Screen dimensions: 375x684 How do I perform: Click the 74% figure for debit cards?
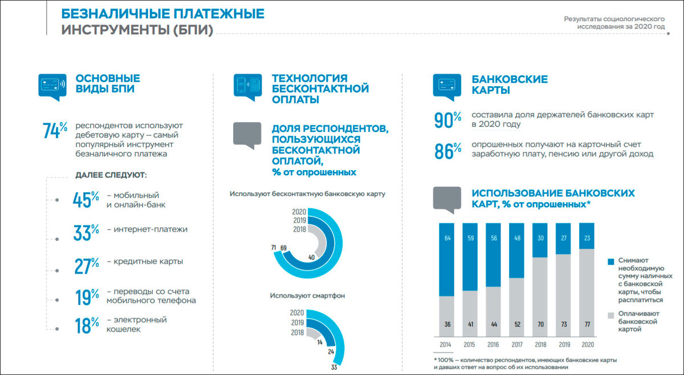pos(55,130)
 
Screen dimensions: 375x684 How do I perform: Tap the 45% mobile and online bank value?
pos(86,200)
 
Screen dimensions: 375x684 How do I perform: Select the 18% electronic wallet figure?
pos(86,325)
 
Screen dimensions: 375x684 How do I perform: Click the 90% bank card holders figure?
pos(447,119)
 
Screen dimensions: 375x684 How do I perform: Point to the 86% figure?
pos(447,151)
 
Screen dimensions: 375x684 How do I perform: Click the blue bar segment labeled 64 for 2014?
pos(446,260)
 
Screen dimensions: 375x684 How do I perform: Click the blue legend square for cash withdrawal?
pos(611,261)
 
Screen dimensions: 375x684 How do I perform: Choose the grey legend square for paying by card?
pos(611,314)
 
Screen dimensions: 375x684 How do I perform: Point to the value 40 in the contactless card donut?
pos(311,257)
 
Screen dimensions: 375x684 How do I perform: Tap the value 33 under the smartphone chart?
pos(333,367)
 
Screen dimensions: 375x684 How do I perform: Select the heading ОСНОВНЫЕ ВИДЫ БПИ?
pos(108,83)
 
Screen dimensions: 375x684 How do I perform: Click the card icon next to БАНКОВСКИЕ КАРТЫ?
pos(446,86)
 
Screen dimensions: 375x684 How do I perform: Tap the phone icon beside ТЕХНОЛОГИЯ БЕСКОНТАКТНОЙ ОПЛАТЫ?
pos(247,86)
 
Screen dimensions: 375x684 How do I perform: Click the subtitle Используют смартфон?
pos(307,296)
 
